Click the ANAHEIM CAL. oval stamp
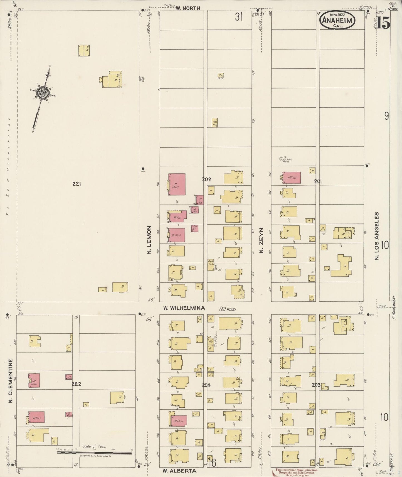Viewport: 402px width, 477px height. [337, 20]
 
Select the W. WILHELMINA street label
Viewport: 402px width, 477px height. [184, 308]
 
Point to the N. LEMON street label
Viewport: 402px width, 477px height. [149, 240]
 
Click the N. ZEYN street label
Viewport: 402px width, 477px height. [261, 244]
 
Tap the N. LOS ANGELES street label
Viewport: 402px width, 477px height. [377, 236]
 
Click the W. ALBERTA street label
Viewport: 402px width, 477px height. [179, 471]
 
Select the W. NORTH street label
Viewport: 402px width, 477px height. [188, 8]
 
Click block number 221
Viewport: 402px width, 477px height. [77, 184]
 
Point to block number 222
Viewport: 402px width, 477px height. [76, 384]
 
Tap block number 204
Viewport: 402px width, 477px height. [206, 385]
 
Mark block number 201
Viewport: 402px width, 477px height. [318, 181]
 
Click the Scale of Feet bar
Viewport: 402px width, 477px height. [94, 453]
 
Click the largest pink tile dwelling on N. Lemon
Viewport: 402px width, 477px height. [177, 184]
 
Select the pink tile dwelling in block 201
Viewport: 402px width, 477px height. [292, 178]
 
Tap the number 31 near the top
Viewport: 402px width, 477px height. [239, 17]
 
